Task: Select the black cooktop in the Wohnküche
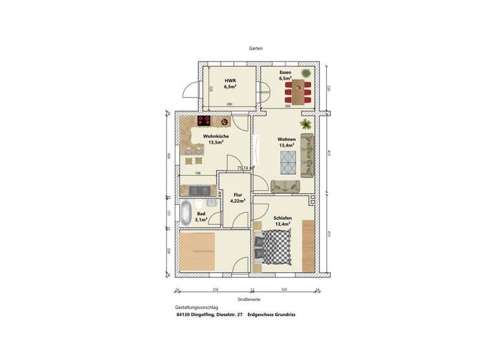[x=203, y=121]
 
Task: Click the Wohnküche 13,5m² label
[x=214, y=140]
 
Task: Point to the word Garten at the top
[x=256, y=48]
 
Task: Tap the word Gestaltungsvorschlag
[x=196, y=308]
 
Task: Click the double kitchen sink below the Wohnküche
[x=199, y=189]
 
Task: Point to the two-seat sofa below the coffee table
[x=286, y=186]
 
